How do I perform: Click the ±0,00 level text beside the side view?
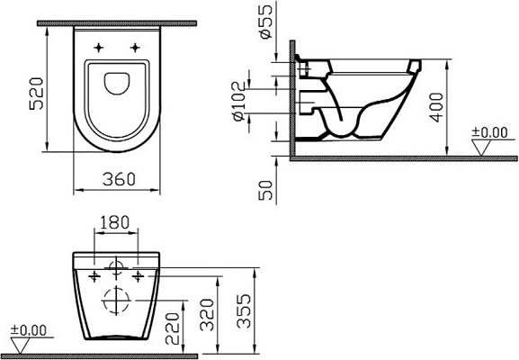[x=489, y=133]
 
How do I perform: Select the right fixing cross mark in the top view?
[x=135, y=46]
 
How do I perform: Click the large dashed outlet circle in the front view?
[x=116, y=301]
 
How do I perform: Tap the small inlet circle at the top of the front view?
[x=116, y=266]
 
